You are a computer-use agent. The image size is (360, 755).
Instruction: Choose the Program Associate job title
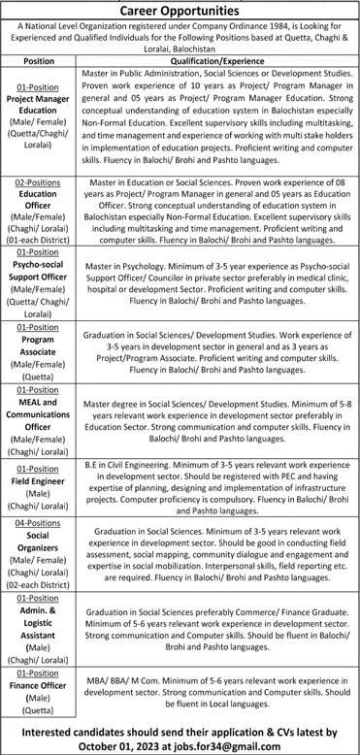coord(39,348)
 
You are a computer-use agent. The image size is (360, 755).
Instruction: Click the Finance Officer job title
coord(39,685)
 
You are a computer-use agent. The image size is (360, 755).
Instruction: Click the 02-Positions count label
coord(39,181)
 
